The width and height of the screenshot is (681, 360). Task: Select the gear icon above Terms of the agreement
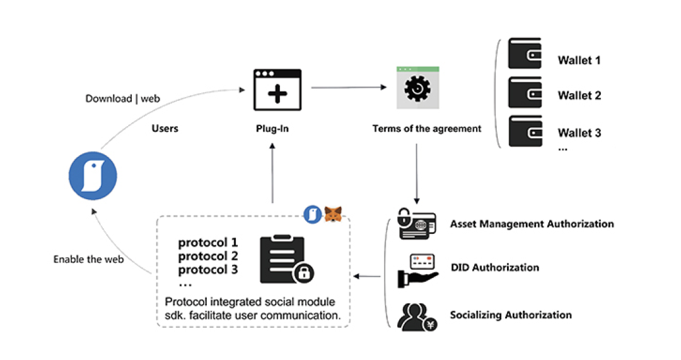pos(417,88)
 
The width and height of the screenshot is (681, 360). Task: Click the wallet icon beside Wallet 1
pos(525,54)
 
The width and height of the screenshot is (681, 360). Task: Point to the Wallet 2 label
pos(579,96)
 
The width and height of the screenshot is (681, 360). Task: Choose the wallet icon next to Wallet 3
pos(525,131)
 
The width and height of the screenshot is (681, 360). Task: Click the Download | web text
pos(123,99)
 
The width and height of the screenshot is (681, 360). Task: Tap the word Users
pos(165,129)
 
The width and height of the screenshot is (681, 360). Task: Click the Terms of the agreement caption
pos(427,129)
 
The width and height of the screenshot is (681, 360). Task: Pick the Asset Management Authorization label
pos(532,224)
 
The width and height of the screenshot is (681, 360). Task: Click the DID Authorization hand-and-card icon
pos(417,269)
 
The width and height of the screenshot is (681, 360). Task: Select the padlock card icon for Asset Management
pos(416,224)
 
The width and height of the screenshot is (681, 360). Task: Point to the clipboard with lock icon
pos(285,260)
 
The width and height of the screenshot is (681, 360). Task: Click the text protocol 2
pos(207,256)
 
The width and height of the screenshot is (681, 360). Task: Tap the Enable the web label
pos(88,259)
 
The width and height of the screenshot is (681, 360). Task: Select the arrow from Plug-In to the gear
pos(349,88)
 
